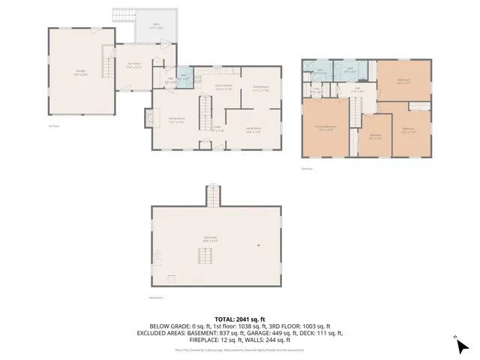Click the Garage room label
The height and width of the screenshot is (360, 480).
click(79, 73)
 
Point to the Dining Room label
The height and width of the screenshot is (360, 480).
click(260, 88)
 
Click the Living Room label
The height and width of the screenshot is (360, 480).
click(253, 129)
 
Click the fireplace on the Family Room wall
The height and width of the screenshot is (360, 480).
click(149, 118)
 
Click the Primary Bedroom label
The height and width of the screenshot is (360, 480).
click(325, 128)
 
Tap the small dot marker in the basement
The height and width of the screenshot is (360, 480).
click(259, 245)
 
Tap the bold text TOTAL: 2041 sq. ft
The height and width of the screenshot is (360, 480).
click(240, 319)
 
